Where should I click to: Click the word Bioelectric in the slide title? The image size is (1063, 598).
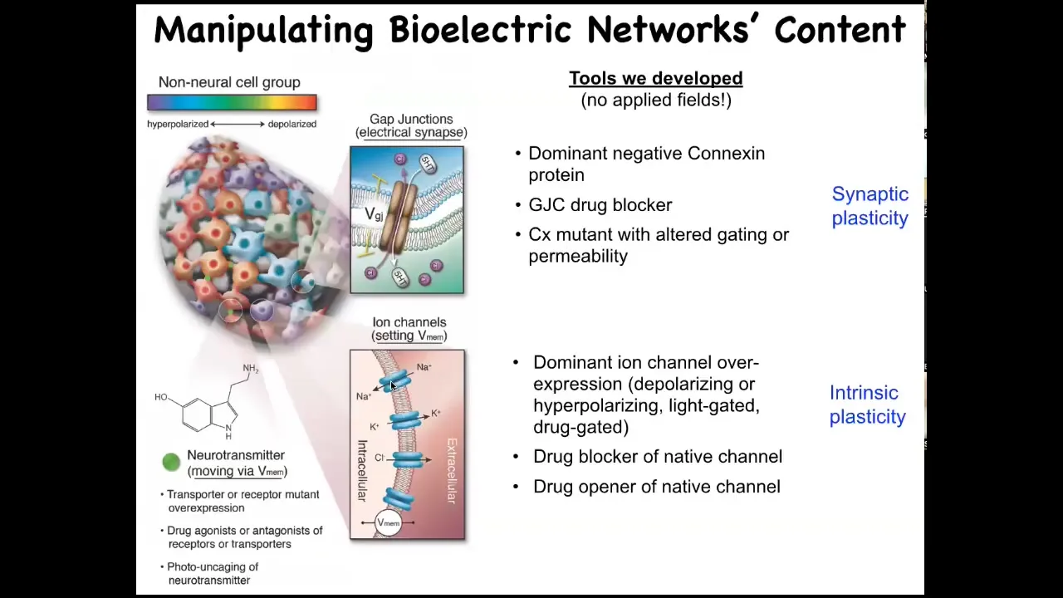(x=480, y=29)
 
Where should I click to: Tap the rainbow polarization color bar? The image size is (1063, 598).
(x=232, y=102)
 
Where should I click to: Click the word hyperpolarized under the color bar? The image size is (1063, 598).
(x=178, y=125)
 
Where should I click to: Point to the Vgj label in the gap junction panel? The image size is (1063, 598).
(x=374, y=214)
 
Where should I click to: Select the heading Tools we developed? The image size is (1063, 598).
(x=656, y=78)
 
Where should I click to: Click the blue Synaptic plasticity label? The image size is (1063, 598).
(x=870, y=206)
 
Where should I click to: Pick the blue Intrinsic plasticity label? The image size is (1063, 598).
(x=868, y=404)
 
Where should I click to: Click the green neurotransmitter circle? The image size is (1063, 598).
(x=171, y=462)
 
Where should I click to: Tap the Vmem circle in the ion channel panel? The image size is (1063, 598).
(x=388, y=522)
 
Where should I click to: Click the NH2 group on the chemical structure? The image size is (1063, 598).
(x=251, y=368)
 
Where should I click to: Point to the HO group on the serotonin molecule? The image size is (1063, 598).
(x=161, y=397)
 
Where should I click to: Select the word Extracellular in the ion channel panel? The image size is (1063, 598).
(x=452, y=471)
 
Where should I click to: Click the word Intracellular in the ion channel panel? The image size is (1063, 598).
(x=362, y=471)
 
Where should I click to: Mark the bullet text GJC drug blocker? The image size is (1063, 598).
(x=600, y=205)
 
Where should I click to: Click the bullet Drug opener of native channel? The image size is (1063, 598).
(x=657, y=487)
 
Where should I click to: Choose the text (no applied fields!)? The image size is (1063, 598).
(x=656, y=100)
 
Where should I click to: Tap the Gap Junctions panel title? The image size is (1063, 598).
(x=411, y=125)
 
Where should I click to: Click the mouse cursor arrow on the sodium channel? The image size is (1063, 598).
(x=393, y=386)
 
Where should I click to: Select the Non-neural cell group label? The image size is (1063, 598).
(x=229, y=82)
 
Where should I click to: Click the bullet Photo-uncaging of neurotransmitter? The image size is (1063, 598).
(x=213, y=573)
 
